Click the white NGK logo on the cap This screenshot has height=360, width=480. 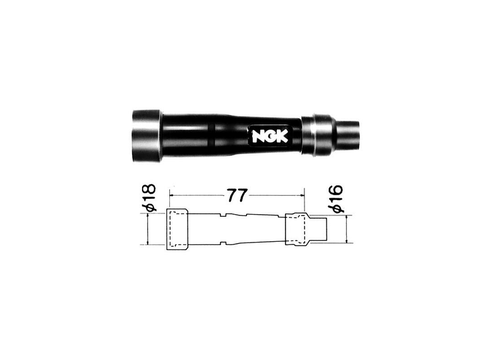pyautogui.click(x=270, y=136)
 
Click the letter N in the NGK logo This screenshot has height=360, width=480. pyautogui.click(x=259, y=136)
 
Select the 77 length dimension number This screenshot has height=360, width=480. pyautogui.click(x=236, y=195)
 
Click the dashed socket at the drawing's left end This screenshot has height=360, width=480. pyautogui.click(x=177, y=229)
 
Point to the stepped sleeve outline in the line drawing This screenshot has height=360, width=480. pyautogui.click(x=299, y=230)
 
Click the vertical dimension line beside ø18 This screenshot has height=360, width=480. pyautogui.click(x=148, y=229)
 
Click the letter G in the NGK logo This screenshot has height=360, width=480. pyautogui.click(x=270, y=136)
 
